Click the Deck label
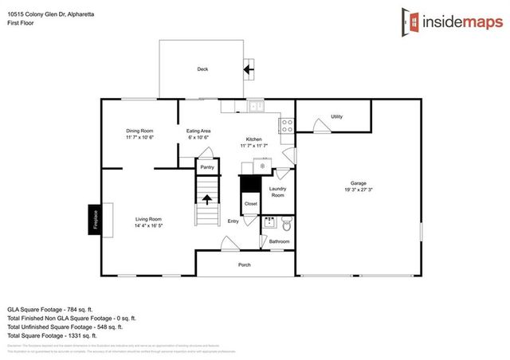202,69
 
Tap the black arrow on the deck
248,69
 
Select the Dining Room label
139,131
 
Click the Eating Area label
198,131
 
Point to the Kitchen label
254,139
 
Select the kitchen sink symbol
255,105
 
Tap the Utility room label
336,117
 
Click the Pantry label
207,167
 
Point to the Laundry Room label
277,192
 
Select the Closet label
251,204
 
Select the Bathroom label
279,241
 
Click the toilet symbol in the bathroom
287,222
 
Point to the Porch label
245,264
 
